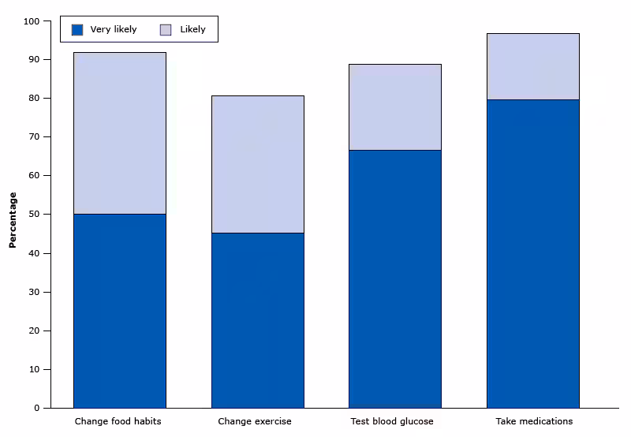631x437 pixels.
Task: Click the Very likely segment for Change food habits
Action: point(119,311)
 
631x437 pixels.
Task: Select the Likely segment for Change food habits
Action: point(119,133)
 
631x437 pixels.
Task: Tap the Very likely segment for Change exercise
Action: point(257,320)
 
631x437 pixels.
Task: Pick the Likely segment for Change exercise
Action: point(257,164)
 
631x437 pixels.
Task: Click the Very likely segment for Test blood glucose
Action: point(394,278)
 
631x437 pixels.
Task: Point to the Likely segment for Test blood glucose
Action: point(394,106)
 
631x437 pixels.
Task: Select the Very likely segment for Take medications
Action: point(532,253)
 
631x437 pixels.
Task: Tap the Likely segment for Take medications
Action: point(532,66)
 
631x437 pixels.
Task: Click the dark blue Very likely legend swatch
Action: point(77,30)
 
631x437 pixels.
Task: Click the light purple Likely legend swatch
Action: point(166,30)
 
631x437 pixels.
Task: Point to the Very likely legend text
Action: point(114,30)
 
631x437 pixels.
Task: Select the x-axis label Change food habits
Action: point(118,421)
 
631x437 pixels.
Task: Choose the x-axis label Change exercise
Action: point(255,421)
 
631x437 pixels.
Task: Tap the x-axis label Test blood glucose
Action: point(392,421)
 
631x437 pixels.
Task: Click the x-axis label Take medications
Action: point(534,421)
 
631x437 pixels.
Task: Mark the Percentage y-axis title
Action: point(13,219)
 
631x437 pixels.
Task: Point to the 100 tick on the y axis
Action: point(32,21)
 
